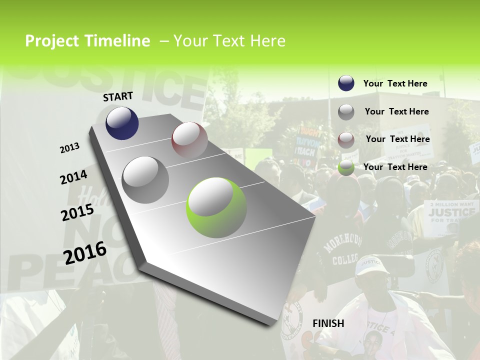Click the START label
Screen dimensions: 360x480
tap(118, 96)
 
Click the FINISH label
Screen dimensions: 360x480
tap(328, 323)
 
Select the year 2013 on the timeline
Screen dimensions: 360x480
tap(70, 147)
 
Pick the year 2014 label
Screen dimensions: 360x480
tap(73, 177)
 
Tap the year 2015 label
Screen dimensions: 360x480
tap(77, 212)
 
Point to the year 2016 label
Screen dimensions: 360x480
tap(85, 253)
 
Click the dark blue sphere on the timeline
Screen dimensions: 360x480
tap(122, 123)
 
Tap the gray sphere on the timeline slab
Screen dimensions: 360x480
tap(145, 179)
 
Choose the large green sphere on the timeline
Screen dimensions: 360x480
tap(216, 207)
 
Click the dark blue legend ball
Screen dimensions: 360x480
tap(346, 83)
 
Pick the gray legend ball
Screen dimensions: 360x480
tap(346, 111)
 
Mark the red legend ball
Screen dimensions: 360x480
tap(346, 139)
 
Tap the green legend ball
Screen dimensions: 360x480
tap(346, 167)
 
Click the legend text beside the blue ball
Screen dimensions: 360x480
tap(395, 83)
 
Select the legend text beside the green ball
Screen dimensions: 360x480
tap(395, 167)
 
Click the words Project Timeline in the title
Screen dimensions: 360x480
tap(87, 41)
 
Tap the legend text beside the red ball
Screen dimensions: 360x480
tap(397, 139)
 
